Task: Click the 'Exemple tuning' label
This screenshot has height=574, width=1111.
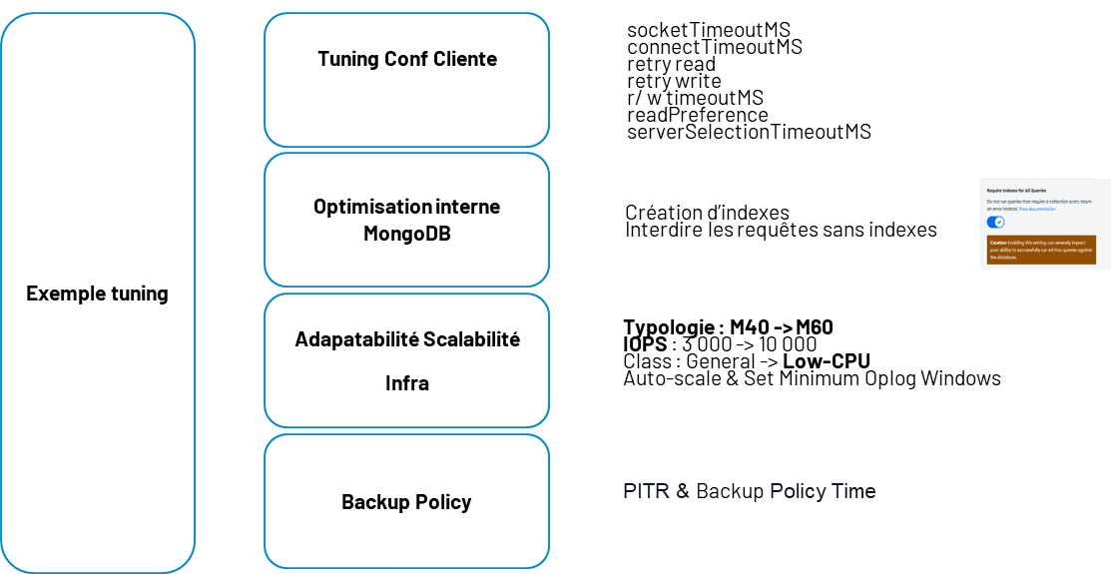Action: coord(97,293)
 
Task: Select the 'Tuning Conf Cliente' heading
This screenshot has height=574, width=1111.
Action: coord(406,59)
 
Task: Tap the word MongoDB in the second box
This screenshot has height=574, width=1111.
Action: coord(406,235)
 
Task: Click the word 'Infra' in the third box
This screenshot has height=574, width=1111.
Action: coord(406,382)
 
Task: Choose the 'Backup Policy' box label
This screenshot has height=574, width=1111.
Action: coord(406,501)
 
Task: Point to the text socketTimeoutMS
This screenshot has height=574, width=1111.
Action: coord(708,30)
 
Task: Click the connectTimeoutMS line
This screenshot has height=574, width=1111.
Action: coord(714,47)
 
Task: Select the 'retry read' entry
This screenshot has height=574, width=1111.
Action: coord(671,64)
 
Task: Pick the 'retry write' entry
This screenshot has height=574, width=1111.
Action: coord(674,81)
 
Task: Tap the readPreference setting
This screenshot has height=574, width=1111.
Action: coord(697,115)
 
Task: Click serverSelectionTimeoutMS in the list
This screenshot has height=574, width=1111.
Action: coord(749,132)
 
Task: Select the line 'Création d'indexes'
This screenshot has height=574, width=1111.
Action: coord(707,213)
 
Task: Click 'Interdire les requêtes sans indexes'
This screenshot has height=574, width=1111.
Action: coord(781,230)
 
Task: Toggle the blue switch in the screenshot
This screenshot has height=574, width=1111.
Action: coord(995,222)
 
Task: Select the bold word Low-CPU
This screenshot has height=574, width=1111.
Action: coord(827,361)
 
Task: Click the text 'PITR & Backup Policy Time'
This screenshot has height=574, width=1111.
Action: coord(749,491)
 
